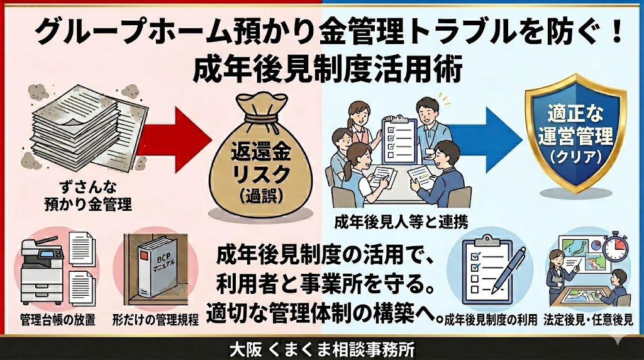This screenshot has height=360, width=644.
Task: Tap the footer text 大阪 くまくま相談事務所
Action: (x=321, y=348)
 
